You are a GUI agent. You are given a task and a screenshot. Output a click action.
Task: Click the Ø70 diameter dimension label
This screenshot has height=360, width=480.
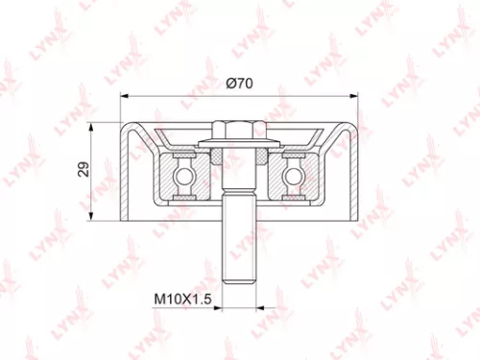239,84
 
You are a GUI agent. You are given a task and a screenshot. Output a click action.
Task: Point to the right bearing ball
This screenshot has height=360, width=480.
293,175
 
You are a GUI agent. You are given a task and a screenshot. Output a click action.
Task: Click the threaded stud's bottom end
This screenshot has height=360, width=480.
239,279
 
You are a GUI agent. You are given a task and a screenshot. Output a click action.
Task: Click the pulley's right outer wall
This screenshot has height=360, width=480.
353,173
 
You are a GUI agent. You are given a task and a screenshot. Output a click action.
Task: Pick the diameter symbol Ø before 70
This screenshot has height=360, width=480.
230,84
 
